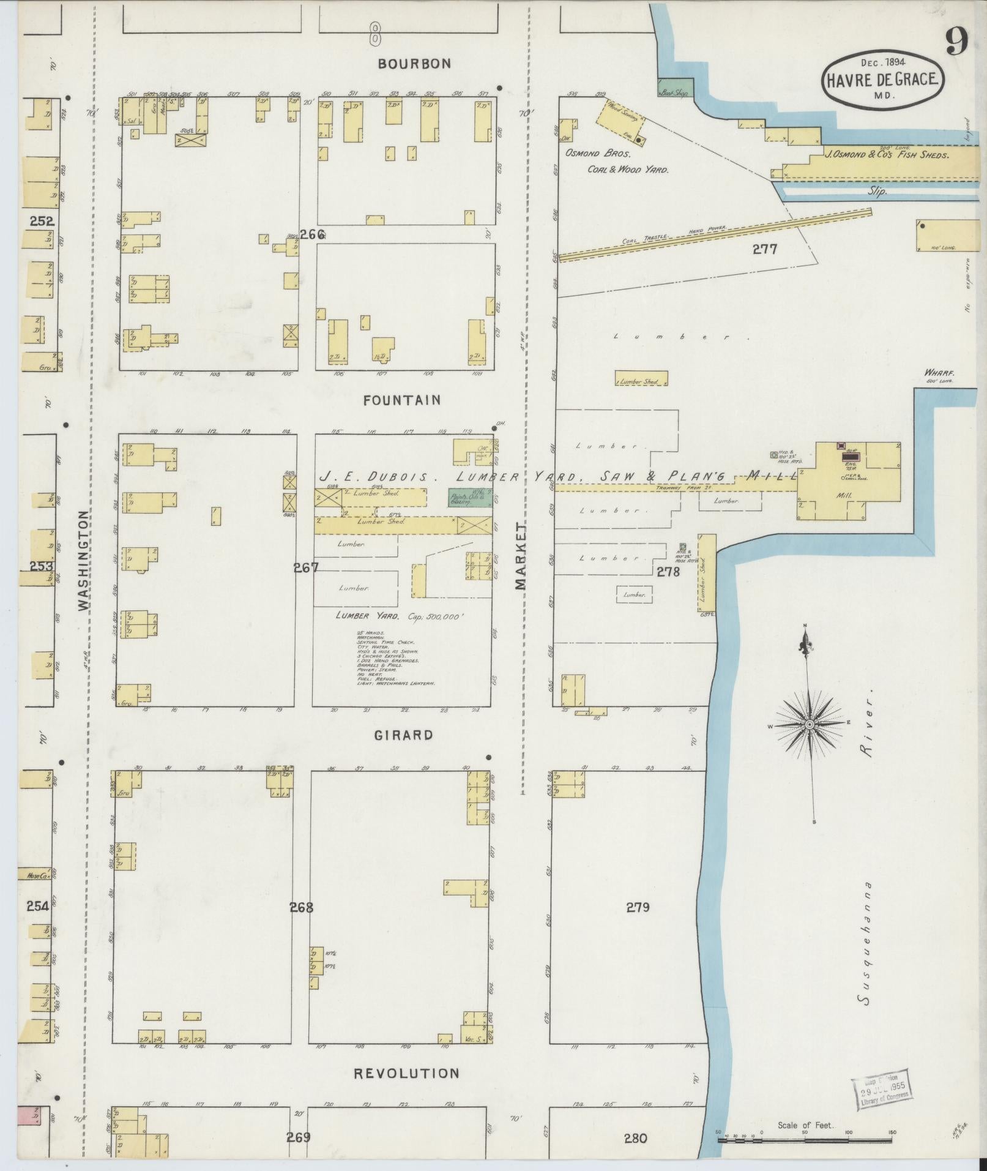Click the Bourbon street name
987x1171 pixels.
414,64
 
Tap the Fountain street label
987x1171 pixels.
401,400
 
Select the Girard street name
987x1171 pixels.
403,735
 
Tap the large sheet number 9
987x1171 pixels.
956,42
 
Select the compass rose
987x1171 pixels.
809,724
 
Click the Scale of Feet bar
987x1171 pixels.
805,1140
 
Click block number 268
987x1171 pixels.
302,907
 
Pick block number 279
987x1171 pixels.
638,907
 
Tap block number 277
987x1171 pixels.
765,249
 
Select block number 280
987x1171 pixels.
636,1139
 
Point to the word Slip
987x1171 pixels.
877,191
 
